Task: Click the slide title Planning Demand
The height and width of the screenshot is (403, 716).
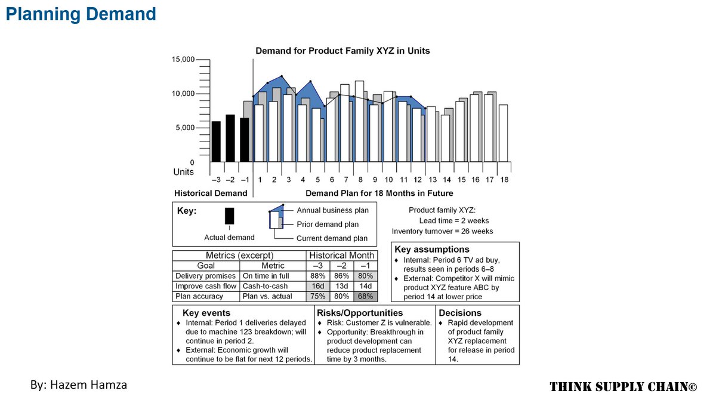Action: (x=81, y=14)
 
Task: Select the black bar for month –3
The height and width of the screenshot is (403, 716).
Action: (x=216, y=141)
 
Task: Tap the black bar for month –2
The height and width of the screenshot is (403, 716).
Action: (x=230, y=138)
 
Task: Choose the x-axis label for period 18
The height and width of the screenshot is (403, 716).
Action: (x=504, y=180)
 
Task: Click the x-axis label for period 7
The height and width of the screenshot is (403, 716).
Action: (x=346, y=180)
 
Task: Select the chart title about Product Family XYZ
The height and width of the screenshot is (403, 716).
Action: (x=342, y=51)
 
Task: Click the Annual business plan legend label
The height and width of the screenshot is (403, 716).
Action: (x=332, y=210)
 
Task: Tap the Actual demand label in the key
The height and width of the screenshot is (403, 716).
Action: (x=229, y=238)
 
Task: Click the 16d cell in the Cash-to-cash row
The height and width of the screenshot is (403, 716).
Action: (x=319, y=286)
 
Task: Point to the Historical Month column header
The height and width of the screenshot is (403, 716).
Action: (x=341, y=256)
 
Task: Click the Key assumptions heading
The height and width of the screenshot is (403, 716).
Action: (x=432, y=250)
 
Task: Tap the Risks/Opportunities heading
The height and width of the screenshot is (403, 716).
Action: (x=360, y=313)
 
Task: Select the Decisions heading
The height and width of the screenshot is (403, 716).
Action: (x=460, y=313)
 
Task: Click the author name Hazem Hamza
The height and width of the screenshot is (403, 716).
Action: (x=78, y=385)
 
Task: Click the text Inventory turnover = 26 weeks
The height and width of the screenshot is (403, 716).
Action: (x=442, y=231)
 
